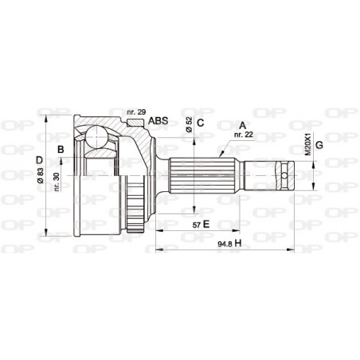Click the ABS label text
point(158,121)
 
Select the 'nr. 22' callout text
point(243,136)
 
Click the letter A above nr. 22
point(242,125)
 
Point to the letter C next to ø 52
point(201,122)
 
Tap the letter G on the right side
point(318,144)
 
